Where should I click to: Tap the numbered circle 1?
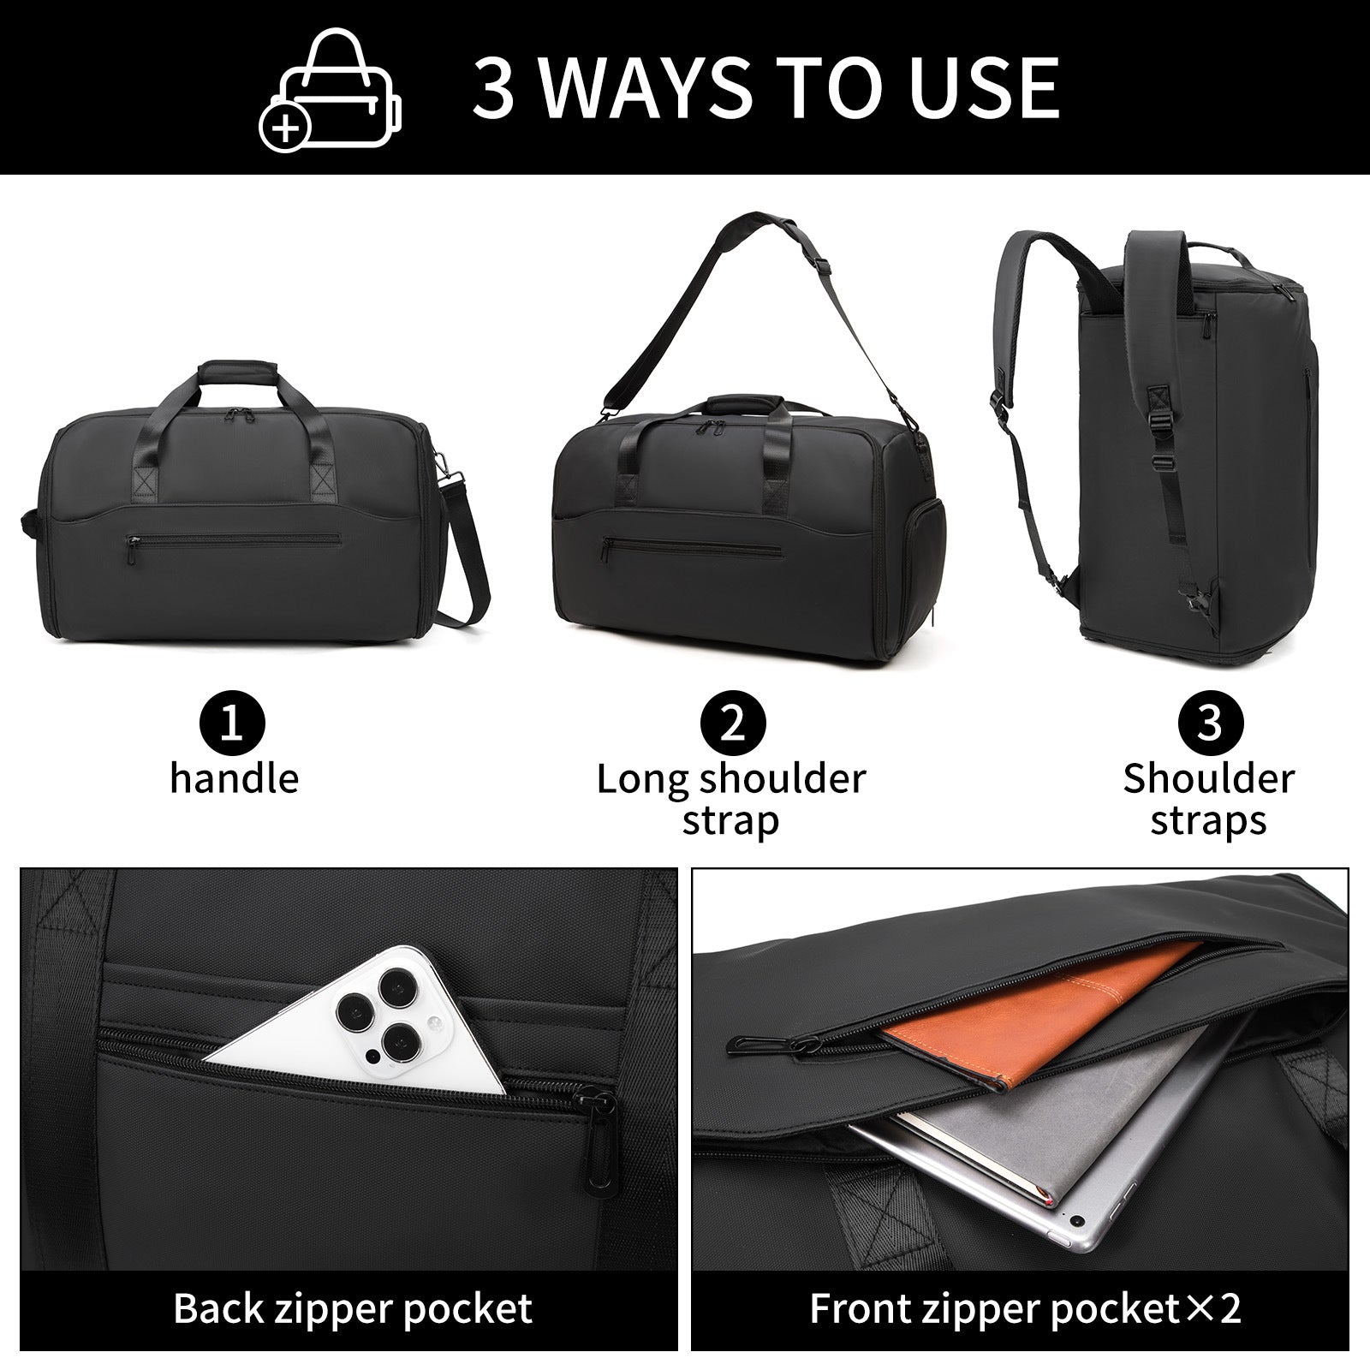point(234,724)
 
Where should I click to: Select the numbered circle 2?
point(732,724)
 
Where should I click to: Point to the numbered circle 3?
point(1208,724)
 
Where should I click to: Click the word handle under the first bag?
point(234,778)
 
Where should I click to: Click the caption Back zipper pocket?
point(353,1308)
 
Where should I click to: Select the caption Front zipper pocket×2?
point(1025,1308)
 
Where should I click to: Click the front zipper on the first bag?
point(233,540)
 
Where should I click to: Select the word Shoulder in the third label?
point(1208,778)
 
